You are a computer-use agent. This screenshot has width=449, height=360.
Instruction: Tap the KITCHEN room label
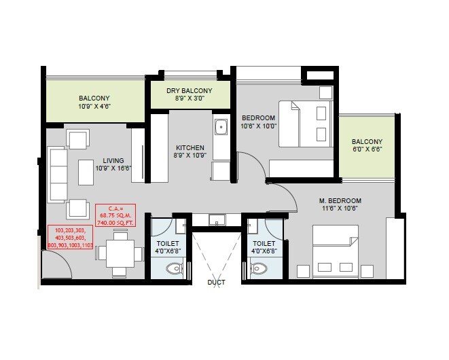click(190, 147)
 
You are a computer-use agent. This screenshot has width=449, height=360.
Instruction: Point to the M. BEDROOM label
click(340, 201)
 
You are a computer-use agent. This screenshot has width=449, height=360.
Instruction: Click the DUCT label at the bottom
click(217, 282)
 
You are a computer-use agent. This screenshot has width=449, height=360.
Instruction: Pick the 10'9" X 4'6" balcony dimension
click(94, 107)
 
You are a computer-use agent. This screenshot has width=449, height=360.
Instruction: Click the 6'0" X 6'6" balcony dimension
click(367, 149)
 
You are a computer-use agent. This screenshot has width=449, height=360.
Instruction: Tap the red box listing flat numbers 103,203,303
click(69, 238)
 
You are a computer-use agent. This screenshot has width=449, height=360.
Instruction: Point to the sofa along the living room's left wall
click(56, 172)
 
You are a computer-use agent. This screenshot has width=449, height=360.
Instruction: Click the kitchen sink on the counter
click(220, 128)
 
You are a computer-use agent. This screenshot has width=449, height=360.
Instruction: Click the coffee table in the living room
click(86, 172)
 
